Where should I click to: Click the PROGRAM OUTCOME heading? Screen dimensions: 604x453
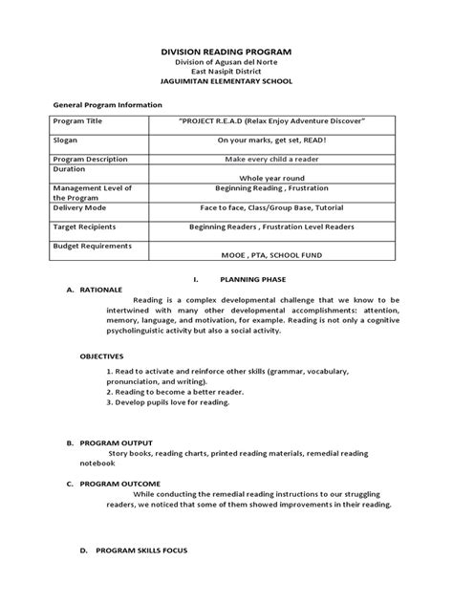pyautogui.click(x=119, y=485)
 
